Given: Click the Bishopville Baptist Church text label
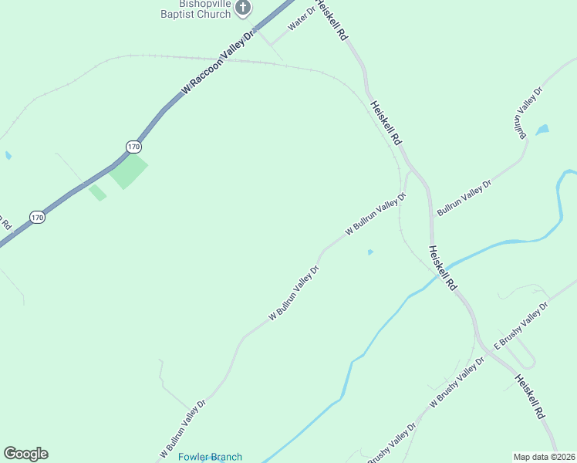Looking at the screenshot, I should (x=195, y=9).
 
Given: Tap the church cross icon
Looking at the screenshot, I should (x=244, y=8).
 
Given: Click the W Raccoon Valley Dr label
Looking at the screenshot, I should (x=219, y=64).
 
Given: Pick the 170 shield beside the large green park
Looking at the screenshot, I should (x=133, y=146).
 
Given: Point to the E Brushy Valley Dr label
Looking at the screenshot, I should (x=521, y=326).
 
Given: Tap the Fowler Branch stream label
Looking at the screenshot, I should (x=210, y=457).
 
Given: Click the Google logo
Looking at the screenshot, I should (x=25, y=454).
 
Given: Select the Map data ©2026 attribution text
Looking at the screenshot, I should (x=544, y=457).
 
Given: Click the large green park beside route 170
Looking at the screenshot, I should (x=127, y=172).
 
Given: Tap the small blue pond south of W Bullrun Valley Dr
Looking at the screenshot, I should (x=370, y=252).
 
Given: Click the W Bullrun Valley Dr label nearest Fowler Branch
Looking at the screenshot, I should (x=184, y=427).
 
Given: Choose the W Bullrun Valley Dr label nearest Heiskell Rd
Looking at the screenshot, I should (x=376, y=214).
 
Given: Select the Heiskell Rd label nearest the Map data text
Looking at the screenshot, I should (x=531, y=397).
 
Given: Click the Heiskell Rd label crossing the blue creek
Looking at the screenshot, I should (x=443, y=268).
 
